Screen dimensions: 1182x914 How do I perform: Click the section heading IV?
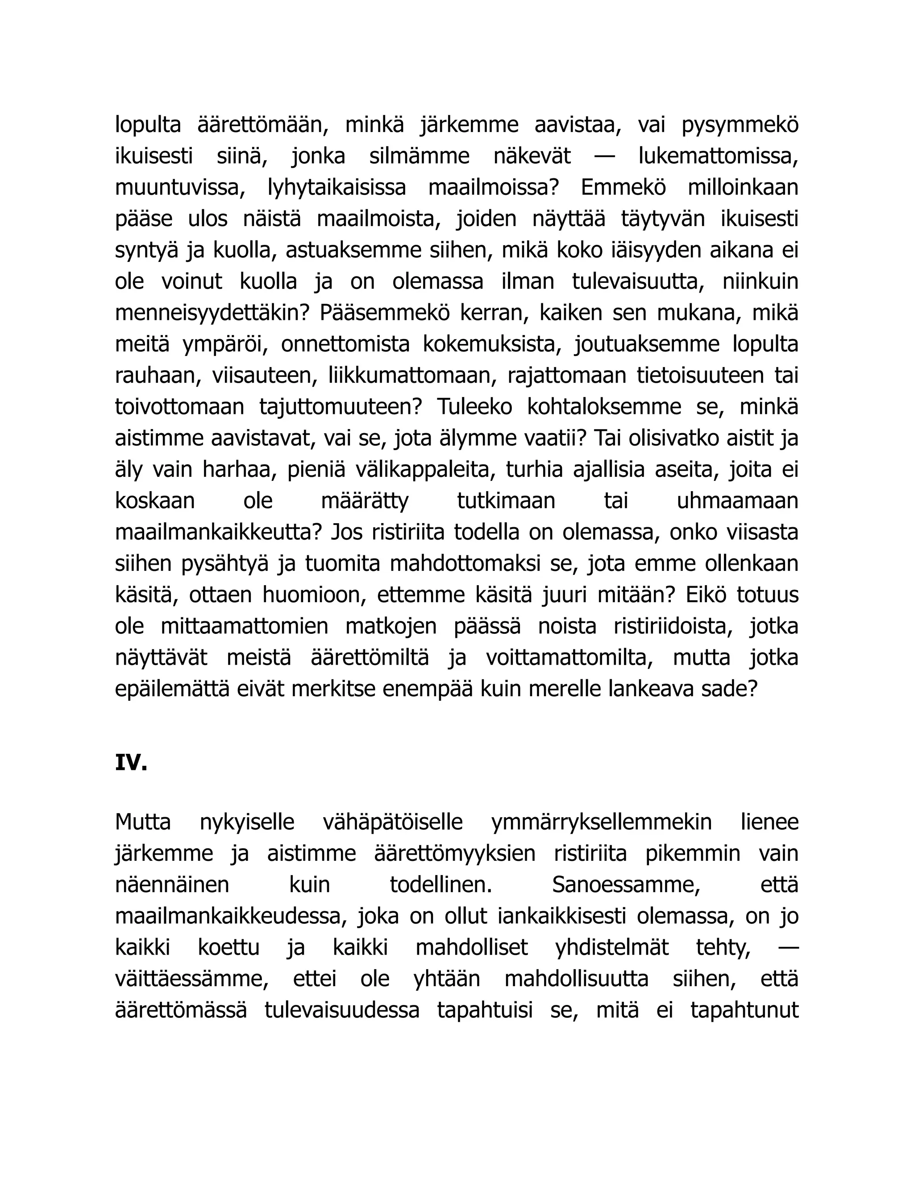pyautogui.click(x=131, y=763)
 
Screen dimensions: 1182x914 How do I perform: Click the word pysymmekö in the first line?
pyautogui.click(x=740, y=125)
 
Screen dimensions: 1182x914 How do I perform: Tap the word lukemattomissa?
pyautogui.click(x=718, y=157)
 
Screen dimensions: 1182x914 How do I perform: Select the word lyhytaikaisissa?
pyautogui.click(x=337, y=188)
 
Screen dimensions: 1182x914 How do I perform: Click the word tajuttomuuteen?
pyautogui.click(x=340, y=407)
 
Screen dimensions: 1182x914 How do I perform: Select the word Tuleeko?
pyautogui.click(x=474, y=407)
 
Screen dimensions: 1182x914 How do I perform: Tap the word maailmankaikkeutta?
pyautogui.click(x=218, y=533)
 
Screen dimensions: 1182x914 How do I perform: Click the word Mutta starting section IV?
pyautogui.click(x=143, y=822)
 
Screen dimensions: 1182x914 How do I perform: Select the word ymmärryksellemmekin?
pyautogui.click(x=601, y=822)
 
